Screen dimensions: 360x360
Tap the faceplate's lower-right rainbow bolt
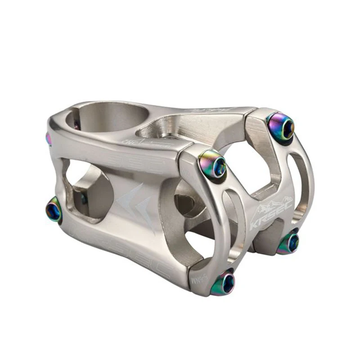coord(290,243)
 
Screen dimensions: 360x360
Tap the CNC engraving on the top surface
coord(135,143)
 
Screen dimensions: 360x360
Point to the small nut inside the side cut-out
coord(83,198)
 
